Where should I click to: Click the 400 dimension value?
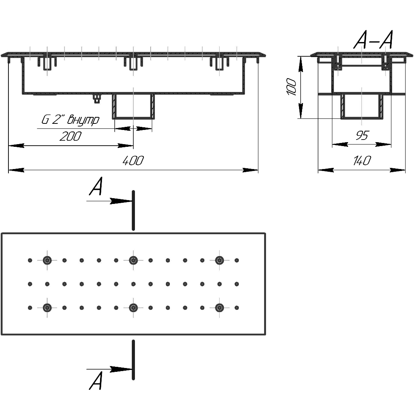133,161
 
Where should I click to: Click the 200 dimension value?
71,136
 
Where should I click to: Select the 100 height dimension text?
292,87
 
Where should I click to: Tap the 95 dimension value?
362,135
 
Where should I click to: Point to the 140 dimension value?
361,161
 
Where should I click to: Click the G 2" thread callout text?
70,120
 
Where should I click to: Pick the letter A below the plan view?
96,382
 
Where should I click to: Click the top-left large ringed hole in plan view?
47,260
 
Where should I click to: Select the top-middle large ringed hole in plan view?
133,260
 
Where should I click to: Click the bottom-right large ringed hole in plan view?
219,307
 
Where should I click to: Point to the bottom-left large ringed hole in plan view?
47,307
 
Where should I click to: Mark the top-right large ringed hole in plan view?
219,260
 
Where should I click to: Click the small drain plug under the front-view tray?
97,99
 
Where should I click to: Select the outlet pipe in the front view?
133,107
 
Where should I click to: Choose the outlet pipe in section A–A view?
362,106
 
